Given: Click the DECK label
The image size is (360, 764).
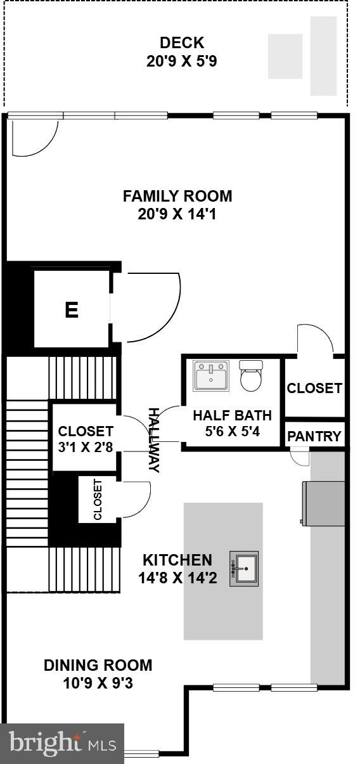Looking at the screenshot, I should [x=181, y=43].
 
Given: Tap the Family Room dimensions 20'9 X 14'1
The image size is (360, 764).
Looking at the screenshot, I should [x=177, y=214].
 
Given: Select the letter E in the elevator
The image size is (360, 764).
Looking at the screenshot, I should [x=72, y=310].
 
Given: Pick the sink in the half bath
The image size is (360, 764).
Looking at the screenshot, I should [x=211, y=376].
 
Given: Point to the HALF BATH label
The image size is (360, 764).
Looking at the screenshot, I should [x=232, y=416].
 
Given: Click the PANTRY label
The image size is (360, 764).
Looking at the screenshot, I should [x=314, y=436].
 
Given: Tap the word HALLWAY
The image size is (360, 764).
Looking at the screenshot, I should [x=154, y=439].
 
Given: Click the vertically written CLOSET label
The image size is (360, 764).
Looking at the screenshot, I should [x=98, y=500].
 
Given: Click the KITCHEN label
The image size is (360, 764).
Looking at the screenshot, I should [x=177, y=560].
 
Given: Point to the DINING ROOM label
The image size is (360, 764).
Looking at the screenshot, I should [x=98, y=665].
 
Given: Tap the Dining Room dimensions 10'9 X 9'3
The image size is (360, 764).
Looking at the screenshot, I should [x=98, y=683].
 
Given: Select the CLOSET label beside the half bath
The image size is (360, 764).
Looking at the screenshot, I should [x=314, y=388].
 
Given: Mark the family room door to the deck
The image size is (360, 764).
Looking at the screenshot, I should [x=35, y=136].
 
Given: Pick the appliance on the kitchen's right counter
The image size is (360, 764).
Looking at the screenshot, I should [x=323, y=503].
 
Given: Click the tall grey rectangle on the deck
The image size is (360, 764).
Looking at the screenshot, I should [x=323, y=56].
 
